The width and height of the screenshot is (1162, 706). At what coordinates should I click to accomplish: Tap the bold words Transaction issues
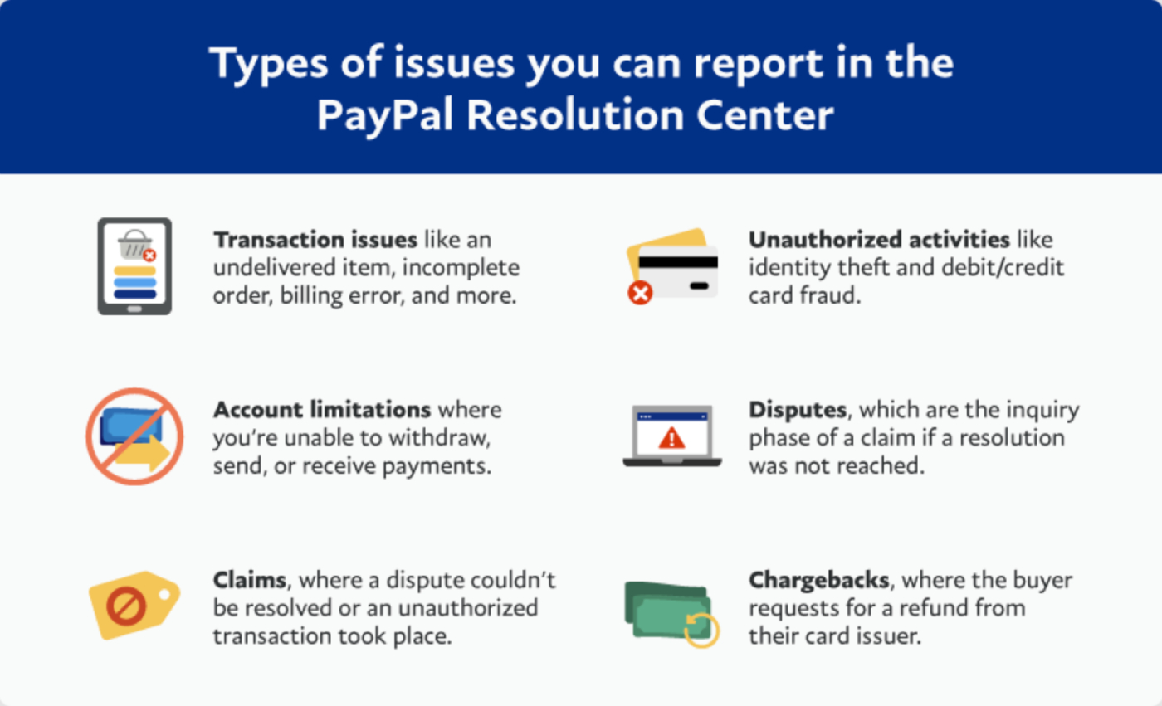[315, 240]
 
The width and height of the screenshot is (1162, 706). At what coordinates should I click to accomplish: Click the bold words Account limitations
[322, 410]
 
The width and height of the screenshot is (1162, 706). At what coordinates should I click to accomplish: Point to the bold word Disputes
[800, 410]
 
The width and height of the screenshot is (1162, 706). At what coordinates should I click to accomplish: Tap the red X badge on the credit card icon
[640, 292]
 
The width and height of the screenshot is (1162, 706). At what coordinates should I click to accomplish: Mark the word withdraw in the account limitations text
[452, 437]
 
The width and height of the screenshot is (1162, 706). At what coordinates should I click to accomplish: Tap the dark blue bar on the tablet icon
[134, 294]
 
